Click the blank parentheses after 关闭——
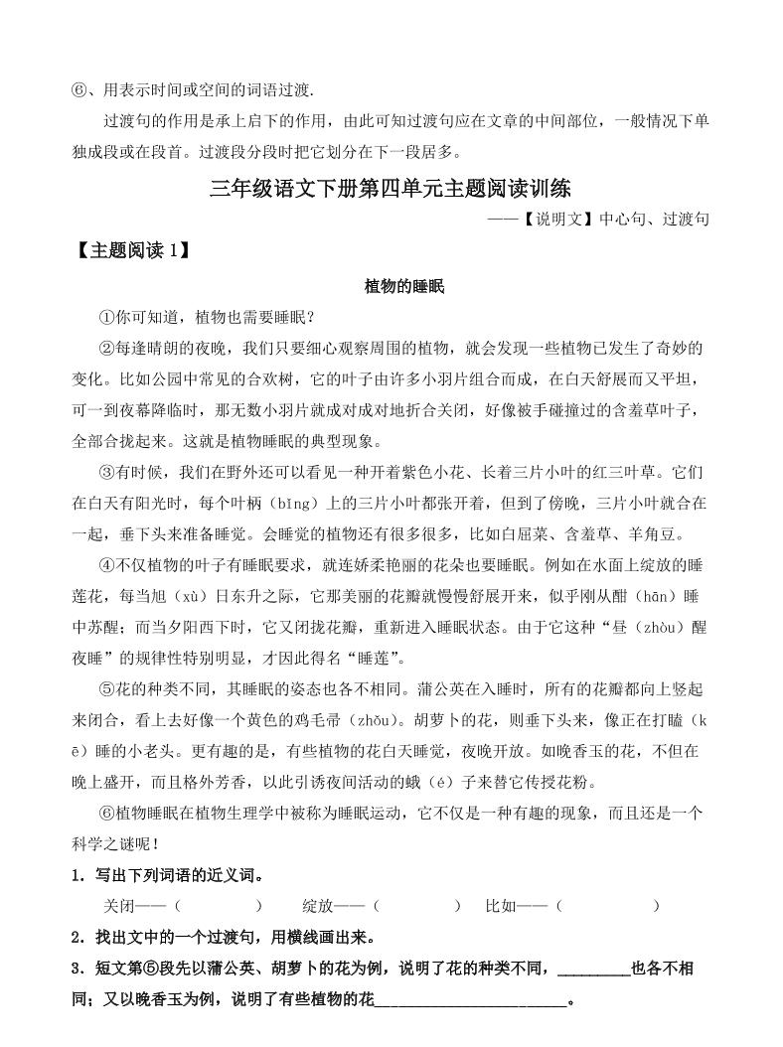(x=217, y=906)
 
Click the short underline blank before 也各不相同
(x=594, y=969)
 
